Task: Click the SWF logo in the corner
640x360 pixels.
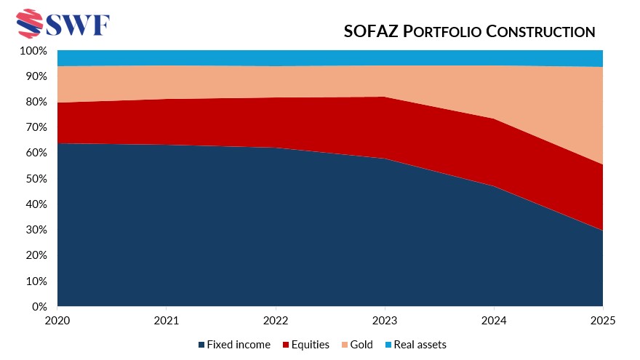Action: coord(62,24)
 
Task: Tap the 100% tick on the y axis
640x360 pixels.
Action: coord(33,51)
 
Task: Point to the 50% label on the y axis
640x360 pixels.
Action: coord(36,179)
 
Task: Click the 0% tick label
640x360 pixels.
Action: coord(39,306)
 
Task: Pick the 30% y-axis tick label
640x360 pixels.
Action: coord(36,230)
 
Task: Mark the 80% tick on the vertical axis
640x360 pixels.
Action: coord(36,102)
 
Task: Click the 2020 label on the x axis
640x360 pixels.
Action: coord(57,320)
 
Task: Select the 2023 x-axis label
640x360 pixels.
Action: coord(385,320)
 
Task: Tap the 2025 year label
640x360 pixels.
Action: coord(603,320)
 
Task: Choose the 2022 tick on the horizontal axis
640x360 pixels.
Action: coord(276,320)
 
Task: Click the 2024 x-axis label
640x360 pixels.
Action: coord(494,320)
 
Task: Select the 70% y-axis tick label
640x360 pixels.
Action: coord(36,127)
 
